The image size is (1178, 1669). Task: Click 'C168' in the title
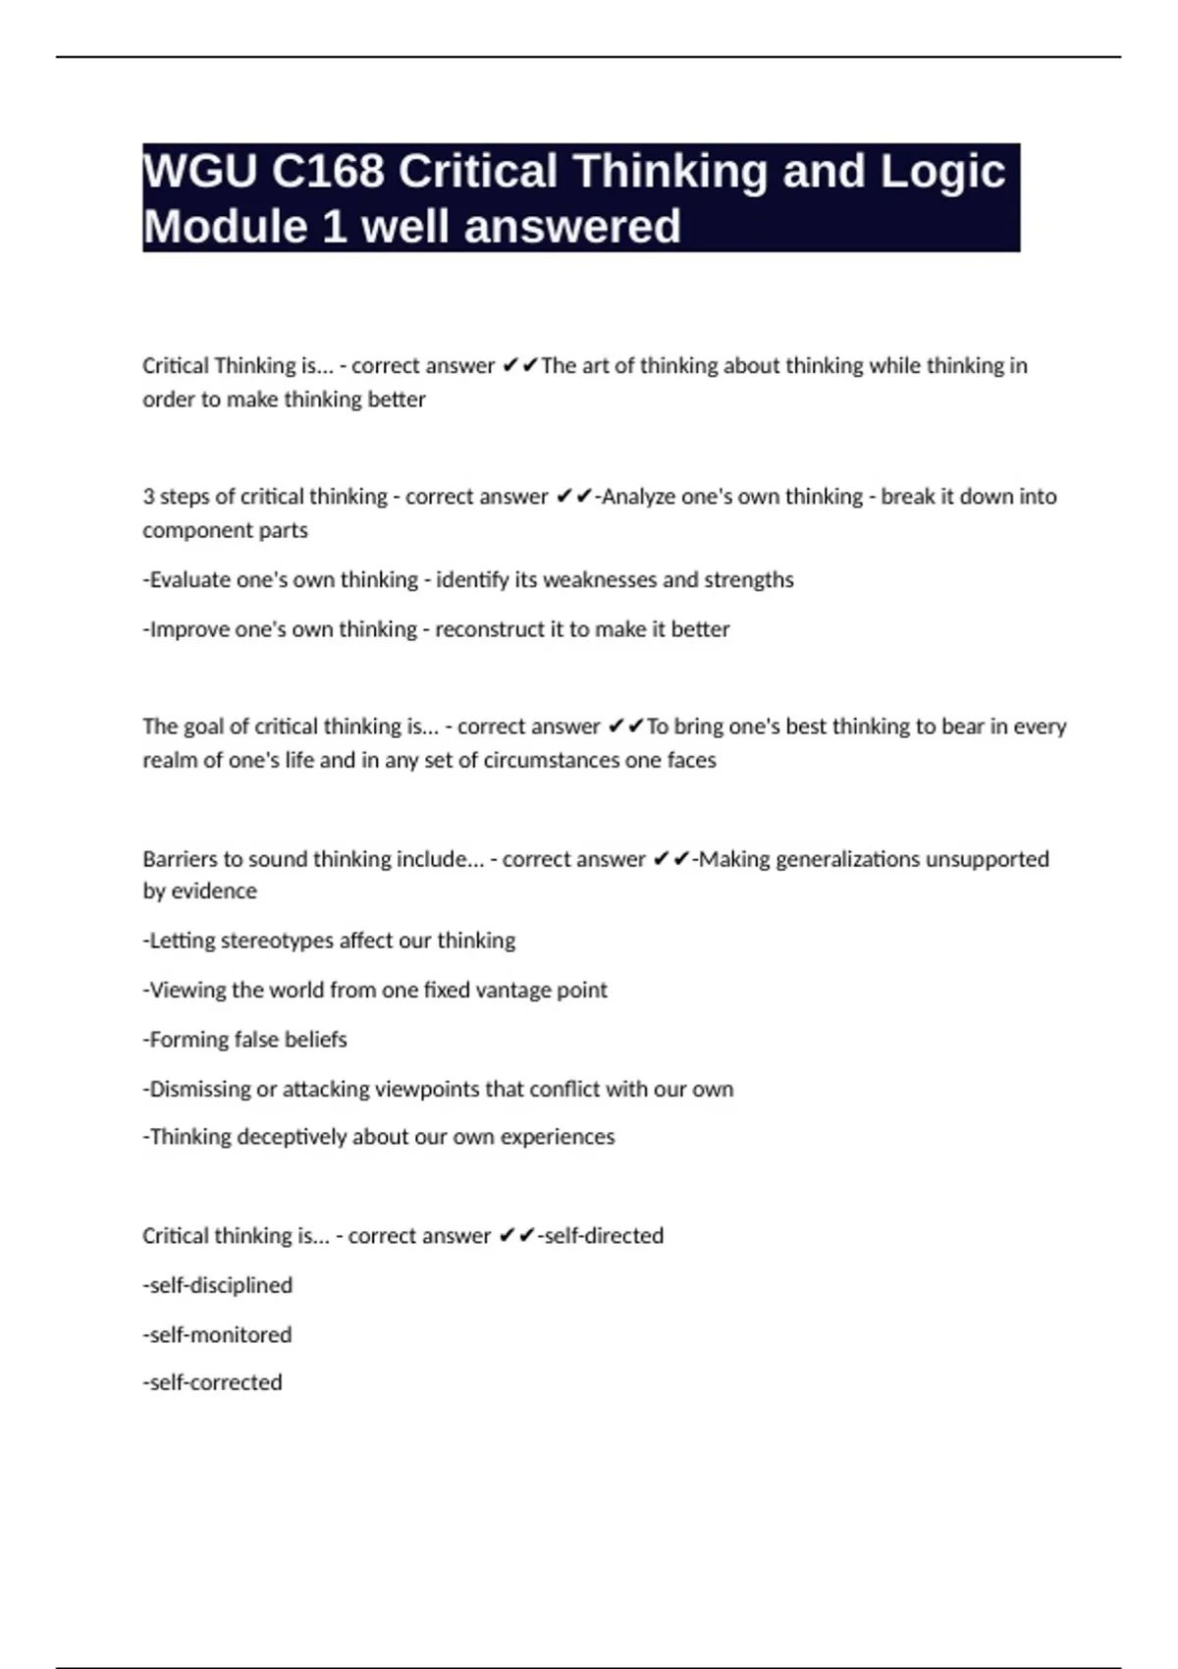(x=328, y=172)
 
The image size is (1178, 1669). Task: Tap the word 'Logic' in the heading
(x=942, y=172)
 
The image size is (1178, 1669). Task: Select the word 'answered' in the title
(x=571, y=227)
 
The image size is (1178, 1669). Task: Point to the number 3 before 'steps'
(x=148, y=497)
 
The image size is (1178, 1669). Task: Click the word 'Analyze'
(x=638, y=497)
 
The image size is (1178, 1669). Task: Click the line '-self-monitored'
(x=217, y=1335)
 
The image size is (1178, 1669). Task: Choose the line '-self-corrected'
(x=212, y=1382)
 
